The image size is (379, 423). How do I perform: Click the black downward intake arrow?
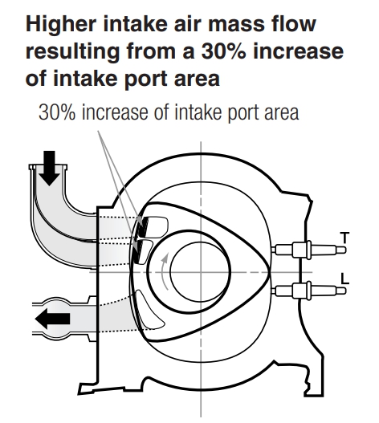click(49, 168)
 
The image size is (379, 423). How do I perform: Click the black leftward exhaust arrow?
click(53, 319)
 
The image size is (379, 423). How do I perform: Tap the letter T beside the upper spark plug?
click(344, 238)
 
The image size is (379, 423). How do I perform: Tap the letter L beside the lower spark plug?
click(344, 279)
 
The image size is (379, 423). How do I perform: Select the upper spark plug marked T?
click(308, 250)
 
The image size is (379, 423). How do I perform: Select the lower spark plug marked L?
click(308, 291)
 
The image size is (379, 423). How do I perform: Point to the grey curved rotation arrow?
click(163, 271)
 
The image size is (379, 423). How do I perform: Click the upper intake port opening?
click(153, 226)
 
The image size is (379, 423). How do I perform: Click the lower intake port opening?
click(143, 252)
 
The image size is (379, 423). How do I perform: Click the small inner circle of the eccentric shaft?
click(200, 271)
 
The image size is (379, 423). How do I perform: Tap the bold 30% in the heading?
click(223, 51)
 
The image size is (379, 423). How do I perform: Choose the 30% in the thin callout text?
click(57, 112)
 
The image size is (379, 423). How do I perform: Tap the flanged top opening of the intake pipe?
click(48, 167)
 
